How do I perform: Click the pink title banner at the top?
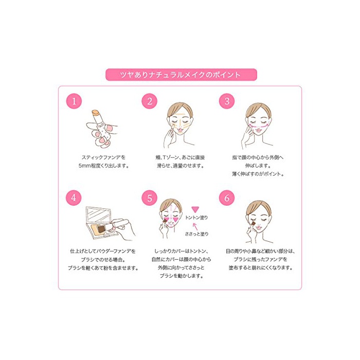pos(181,75)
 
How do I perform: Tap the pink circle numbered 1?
pos(74,101)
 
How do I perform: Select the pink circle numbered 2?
pos(150,101)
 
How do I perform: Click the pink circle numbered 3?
pos(227,101)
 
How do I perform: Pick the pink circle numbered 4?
pos(74,197)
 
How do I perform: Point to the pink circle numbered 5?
pos(150,197)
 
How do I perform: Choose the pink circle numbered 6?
pos(227,197)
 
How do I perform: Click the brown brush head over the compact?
pos(101,228)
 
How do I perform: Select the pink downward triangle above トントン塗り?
pos(195,209)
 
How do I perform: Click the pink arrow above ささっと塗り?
pos(195,227)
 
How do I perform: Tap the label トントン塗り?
pos(196,218)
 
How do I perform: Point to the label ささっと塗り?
pos(197,234)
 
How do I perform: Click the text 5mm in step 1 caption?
pos(84,166)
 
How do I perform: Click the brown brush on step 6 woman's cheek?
pos(253,223)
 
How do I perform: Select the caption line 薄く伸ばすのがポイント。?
pos(258,174)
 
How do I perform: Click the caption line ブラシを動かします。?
pos(182,276)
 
